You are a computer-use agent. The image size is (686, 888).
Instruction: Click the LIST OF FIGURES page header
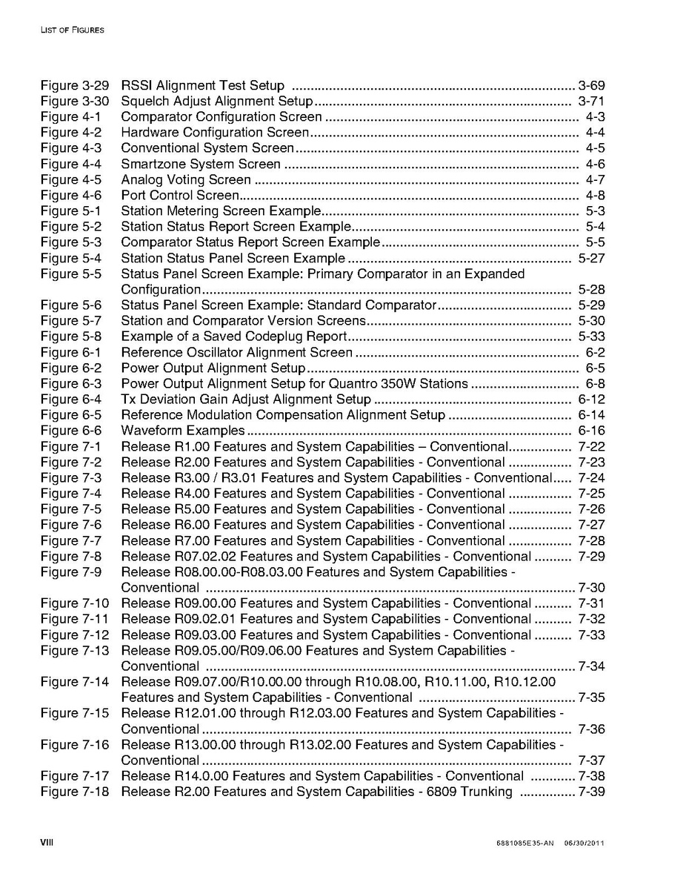click(x=72, y=30)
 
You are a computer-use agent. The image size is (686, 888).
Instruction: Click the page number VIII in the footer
click(x=47, y=843)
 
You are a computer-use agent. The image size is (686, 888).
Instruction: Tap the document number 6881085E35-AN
click(x=525, y=844)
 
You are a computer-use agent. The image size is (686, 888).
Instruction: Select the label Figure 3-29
click(x=75, y=85)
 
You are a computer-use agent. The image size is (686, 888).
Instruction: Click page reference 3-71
click(x=591, y=101)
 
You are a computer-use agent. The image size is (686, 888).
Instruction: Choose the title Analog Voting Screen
click(x=186, y=179)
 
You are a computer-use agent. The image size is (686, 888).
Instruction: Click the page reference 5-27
click(x=591, y=258)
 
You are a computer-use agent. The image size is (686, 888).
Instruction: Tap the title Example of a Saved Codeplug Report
click(x=234, y=337)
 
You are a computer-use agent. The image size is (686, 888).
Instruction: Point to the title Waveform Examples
click(x=182, y=431)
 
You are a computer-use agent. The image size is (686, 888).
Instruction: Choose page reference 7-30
click(x=591, y=588)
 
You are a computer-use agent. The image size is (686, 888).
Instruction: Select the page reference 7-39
click(x=591, y=792)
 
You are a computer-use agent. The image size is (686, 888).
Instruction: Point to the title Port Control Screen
click(x=180, y=195)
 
